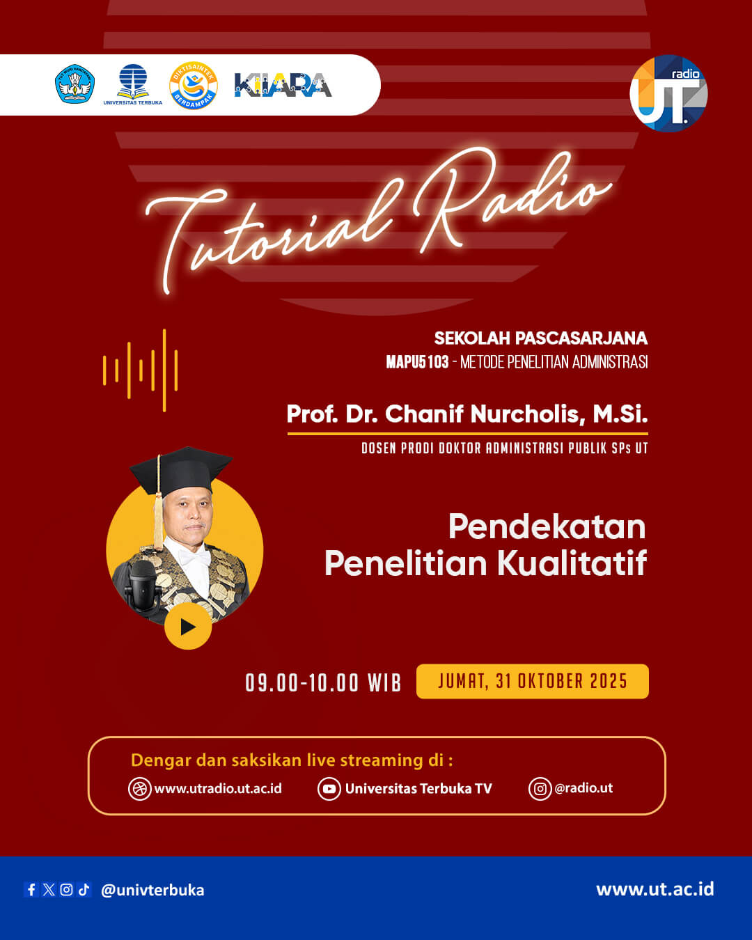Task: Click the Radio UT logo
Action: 668,93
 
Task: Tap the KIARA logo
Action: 283,85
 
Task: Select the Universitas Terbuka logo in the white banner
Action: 133,84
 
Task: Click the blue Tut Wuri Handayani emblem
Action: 75,84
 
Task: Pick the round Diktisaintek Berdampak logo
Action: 194,86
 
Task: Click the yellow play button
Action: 188,627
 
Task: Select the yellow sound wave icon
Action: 140,370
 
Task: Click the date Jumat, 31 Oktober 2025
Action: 532,681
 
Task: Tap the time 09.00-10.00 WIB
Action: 323,683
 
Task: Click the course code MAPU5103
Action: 417,362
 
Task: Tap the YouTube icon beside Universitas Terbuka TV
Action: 329,789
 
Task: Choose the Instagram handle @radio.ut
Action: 583,788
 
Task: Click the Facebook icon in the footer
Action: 31,889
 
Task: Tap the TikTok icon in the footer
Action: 84,889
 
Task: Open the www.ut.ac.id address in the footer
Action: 655,889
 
